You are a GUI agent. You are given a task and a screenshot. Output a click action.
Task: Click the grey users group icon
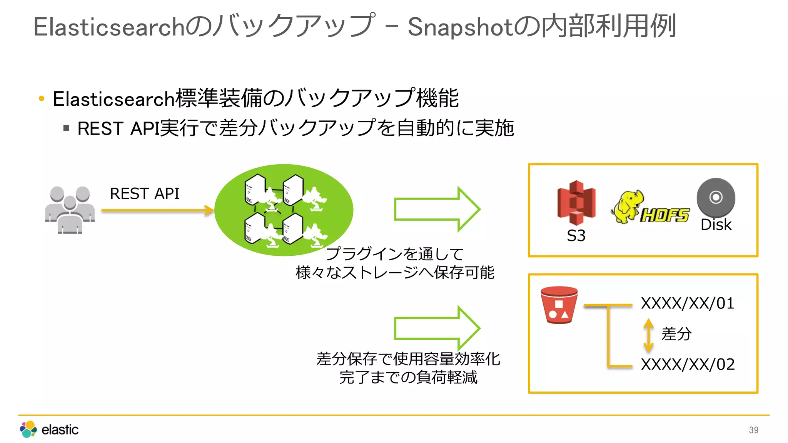click(70, 210)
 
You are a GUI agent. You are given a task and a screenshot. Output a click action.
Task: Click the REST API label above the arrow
click(145, 193)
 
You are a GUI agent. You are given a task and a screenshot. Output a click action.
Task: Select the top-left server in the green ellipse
click(255, 189)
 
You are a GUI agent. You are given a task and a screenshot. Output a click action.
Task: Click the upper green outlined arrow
click(437, 209)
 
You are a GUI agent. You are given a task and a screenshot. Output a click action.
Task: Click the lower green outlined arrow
click(437, 328)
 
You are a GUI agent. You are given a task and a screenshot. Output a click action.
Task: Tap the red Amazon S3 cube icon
click(576, 203)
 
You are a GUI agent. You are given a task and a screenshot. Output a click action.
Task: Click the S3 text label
click(576, 235)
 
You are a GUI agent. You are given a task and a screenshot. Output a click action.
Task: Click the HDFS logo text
click(665, 215)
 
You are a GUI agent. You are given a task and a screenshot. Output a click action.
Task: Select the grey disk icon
click(716, 198)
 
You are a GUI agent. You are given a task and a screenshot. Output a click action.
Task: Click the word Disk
click(716, 225)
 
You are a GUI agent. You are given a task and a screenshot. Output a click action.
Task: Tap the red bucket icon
click(559, 305)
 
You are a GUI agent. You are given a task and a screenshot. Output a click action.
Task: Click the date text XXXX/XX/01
click(688, 303)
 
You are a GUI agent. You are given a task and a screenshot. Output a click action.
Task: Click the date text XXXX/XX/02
click(688, 364)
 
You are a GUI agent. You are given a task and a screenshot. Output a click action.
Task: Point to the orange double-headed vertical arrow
click(648, 335)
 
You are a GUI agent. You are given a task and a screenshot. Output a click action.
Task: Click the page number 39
click(753, 430)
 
